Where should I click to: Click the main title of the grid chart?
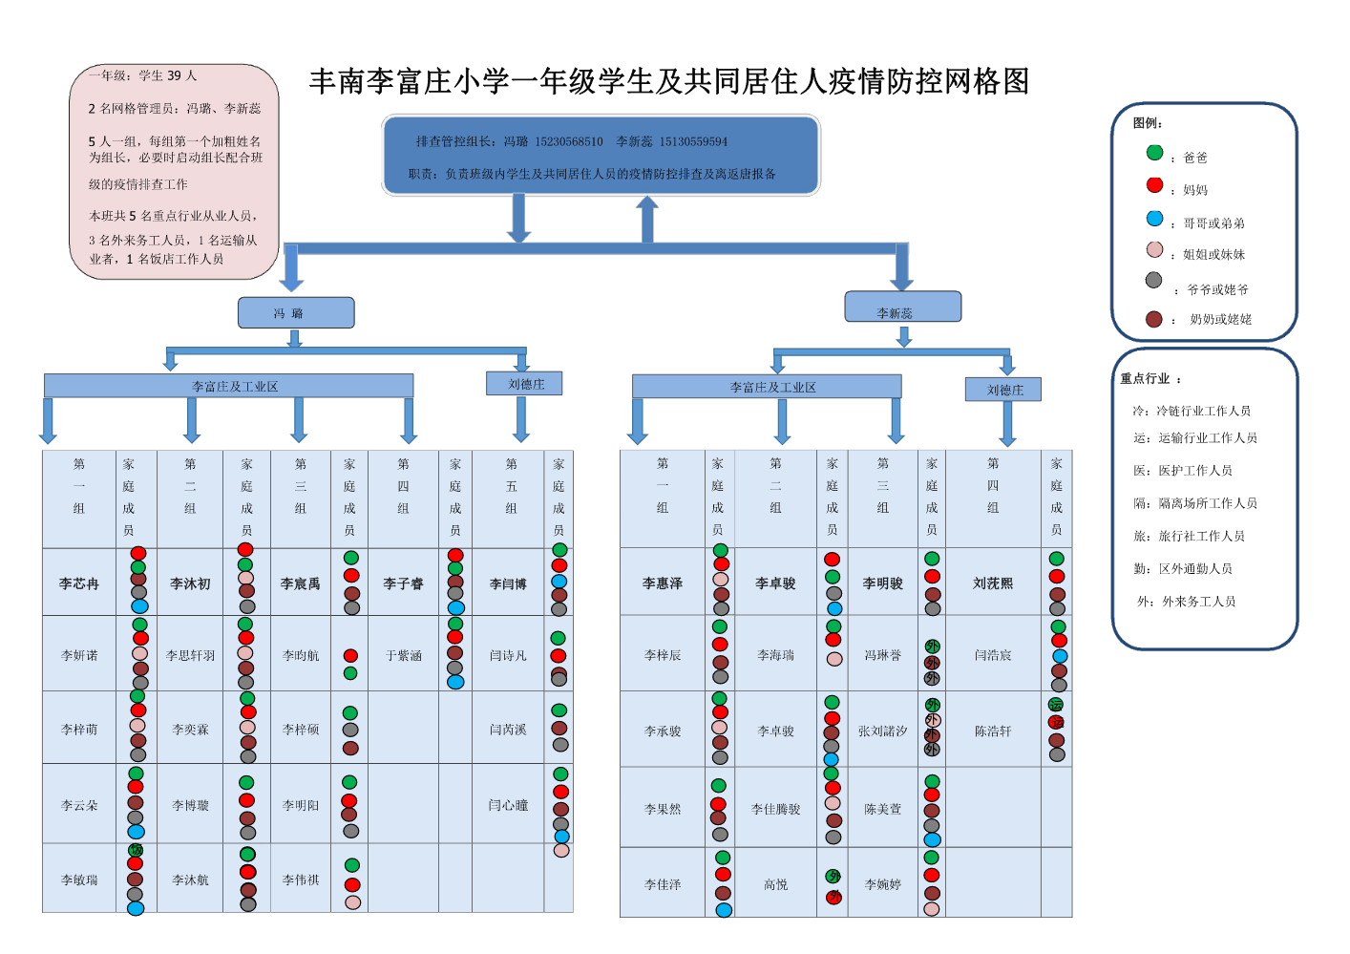coord(669,82)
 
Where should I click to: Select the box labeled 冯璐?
coord(295,313)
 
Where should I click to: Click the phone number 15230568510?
coord(568,142)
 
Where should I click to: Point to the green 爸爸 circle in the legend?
coord(1154,153)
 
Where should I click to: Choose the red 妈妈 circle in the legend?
coord(1154,185)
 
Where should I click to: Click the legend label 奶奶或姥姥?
coord(1220,320)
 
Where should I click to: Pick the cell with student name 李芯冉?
coord(79,583)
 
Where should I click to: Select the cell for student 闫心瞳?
coord(508,806)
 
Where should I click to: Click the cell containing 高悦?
coord(775,885)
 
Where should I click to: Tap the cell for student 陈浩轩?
coord(993,731)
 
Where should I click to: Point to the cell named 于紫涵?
coord(403,656)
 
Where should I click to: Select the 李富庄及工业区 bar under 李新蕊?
coord(772,388)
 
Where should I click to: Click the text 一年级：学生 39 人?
coord(143,76)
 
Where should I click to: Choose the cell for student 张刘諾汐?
coord(882,731)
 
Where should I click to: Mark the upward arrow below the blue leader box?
coord(647,219)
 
